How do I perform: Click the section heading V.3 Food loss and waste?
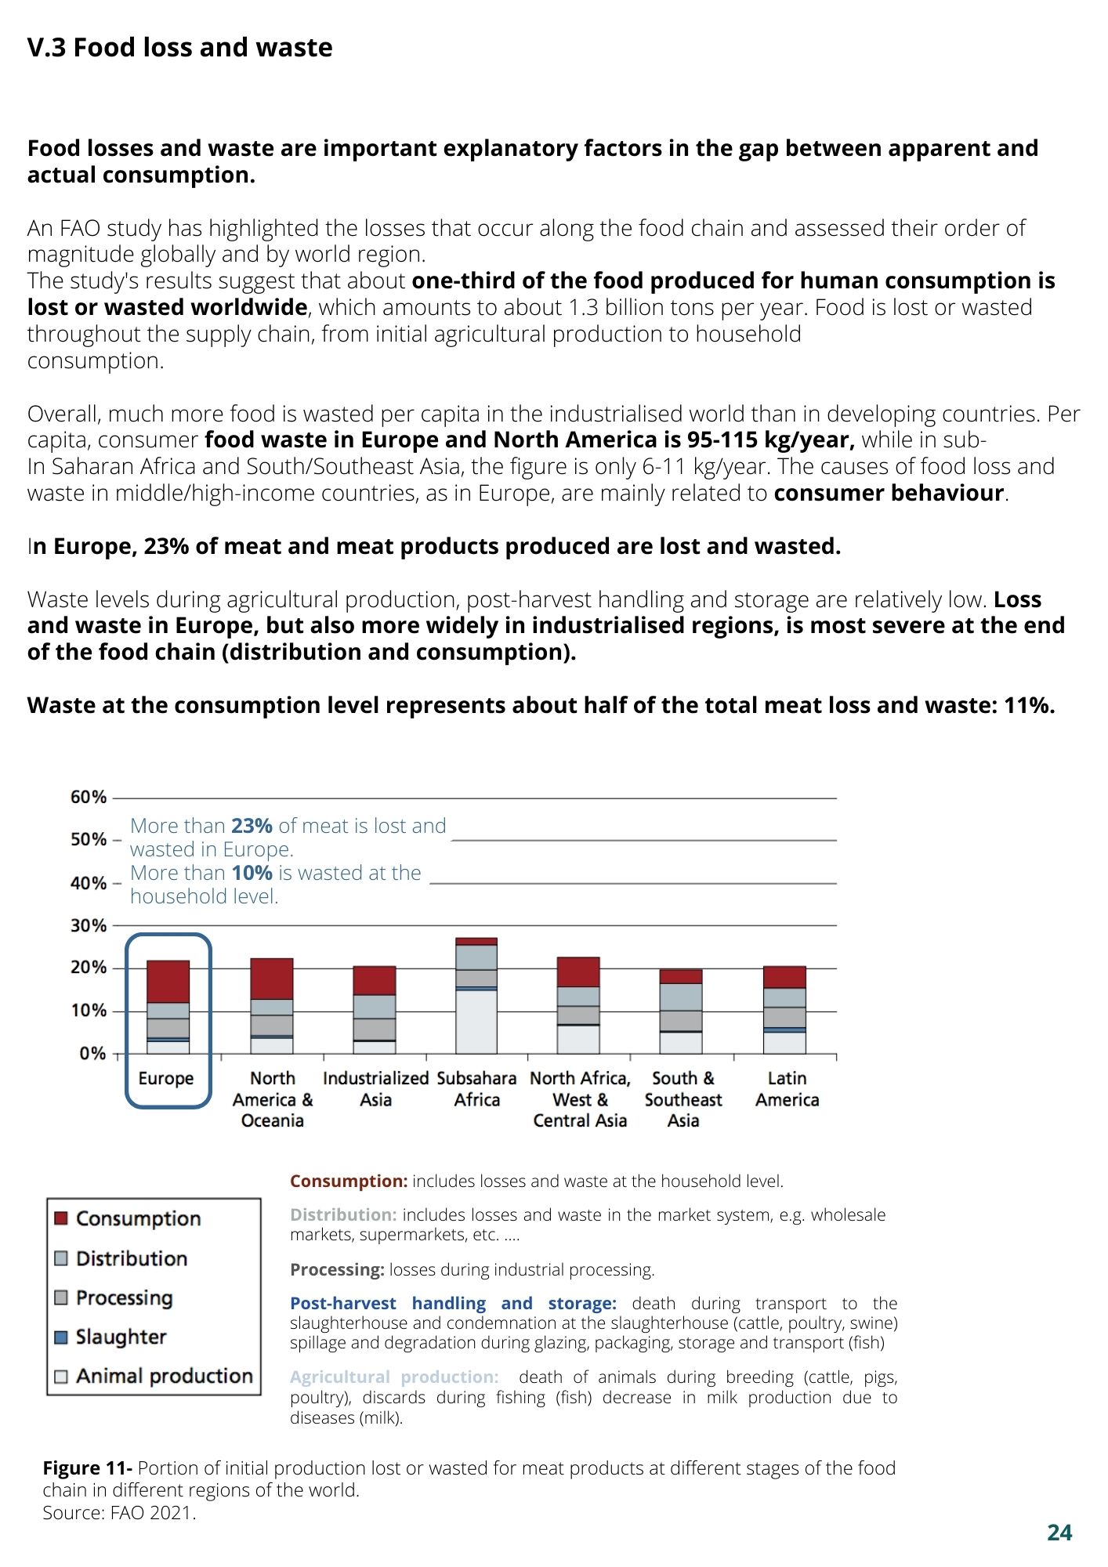click(180, 48)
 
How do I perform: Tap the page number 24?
click(1059, 1533)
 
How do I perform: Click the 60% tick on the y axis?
click(89, 798)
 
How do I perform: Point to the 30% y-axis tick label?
click(89, 925)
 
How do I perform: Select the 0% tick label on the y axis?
click(92, 1054)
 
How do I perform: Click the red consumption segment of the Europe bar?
click(168, 982)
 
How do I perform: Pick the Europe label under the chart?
click(166, 1078)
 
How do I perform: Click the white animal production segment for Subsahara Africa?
click(476, 1022)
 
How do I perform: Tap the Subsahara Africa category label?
click(476, 1089)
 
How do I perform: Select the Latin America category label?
click(787, 1089)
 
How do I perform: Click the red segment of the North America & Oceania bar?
click(272, 979)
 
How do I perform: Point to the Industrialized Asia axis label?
click(375, 1089)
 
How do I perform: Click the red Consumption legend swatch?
click(61, 1219)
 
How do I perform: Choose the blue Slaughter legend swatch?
click(61, 1337)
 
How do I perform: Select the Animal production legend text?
click(165, 1377)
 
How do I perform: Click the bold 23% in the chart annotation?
click(252, 826)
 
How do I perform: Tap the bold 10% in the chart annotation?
click(252, 873)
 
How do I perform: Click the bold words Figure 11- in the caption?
click(88, 1468)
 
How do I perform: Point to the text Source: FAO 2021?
click(119, 1513)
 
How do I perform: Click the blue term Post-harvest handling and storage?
click(453, 1303)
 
